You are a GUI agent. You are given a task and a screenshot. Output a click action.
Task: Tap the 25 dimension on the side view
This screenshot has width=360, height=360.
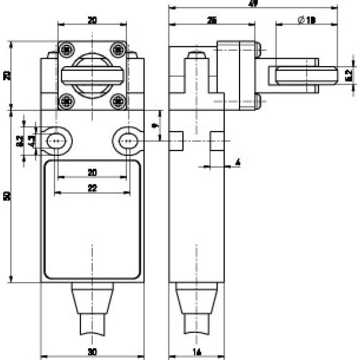click(212, 20)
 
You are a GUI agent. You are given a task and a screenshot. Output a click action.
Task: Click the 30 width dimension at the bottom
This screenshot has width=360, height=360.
click(92, 351)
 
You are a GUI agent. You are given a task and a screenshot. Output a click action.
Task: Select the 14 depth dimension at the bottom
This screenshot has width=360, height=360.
click(197, 351)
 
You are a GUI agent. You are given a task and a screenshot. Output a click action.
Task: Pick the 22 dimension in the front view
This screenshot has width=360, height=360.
click(92, 188)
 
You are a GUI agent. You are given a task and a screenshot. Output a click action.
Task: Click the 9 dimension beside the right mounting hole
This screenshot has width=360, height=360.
click(154, 126)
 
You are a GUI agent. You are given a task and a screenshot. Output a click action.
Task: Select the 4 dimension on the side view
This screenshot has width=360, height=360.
click(237, 161)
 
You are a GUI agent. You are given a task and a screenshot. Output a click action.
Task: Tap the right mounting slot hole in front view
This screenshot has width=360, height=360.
click(126, 141)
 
